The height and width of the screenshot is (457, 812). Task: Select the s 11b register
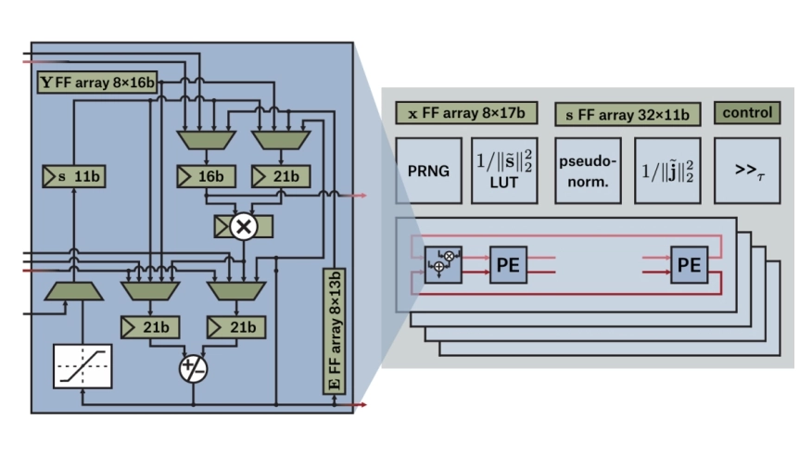[74, 174]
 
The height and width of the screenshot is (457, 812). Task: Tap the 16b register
[206, 174]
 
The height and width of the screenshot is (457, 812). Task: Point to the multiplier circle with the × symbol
[244, 225]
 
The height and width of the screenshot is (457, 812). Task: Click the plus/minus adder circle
[194, 367]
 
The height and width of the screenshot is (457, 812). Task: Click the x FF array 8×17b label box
[466, 114]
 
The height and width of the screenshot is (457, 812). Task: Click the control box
[747, 112]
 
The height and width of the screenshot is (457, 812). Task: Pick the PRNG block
[428, 171]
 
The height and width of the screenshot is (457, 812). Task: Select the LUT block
[506, 171]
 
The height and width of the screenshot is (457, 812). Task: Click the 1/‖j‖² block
[667, 171]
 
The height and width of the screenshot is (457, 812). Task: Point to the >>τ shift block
[747, 171]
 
